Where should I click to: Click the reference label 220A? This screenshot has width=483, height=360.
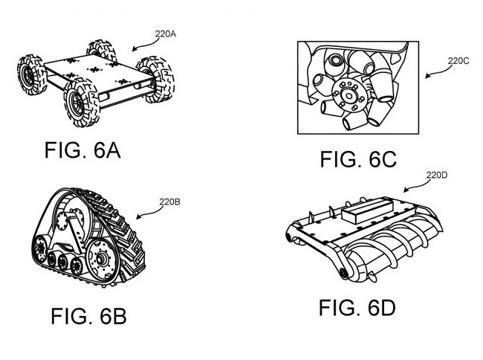click(x=166, y=34)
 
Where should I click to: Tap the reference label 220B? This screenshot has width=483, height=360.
click(x=169, y=202)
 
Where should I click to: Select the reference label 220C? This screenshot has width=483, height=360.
click(x=458, y=61)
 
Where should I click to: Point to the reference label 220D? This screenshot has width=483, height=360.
click(x=437, y=176)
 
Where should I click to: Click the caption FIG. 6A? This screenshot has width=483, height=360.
click(x=82, y=150)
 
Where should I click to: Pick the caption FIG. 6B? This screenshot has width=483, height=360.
click(x=88, y=316)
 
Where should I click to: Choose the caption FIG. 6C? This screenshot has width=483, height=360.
click(x=358, y=159)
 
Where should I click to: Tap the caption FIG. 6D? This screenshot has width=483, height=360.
click(x=357, y=308)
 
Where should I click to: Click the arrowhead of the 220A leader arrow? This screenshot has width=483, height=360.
click(x=134, y=49)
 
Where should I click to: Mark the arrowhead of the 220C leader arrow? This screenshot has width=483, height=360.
click(x=427, y=76)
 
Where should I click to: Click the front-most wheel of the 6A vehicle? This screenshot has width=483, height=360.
click(x=81, y=103)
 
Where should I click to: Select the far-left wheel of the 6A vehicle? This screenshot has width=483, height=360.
click(x=32, y=74)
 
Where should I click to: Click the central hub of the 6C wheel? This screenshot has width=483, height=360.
click(x=349, y=95)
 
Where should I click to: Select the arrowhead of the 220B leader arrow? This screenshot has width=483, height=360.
click(x=138, y=217)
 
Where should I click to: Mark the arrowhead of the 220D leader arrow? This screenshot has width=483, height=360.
click(x=406, y=190)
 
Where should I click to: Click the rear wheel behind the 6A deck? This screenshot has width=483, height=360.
click(x=101, y=50)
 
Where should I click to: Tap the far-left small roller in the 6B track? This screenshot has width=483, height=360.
click(x=40, y=248)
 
